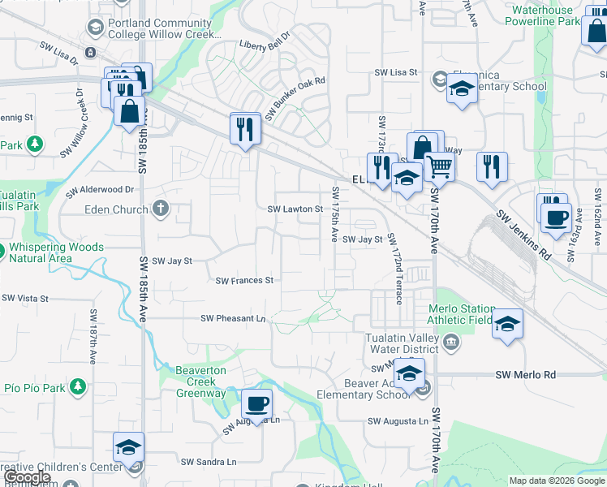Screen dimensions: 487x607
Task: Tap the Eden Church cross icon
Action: tap(161, 209)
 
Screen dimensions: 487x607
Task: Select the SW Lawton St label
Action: tap(296, 209)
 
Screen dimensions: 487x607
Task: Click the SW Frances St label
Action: tap(245, 281)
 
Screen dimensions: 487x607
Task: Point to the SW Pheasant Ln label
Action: tap(234, 319)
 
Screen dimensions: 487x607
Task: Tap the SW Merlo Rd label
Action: tap(526, 374)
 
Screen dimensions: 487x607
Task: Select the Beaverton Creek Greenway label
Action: tap(201, 382)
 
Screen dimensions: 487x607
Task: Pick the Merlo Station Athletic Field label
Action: tap(462, 315)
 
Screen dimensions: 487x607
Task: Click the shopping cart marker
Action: tap(440, 167)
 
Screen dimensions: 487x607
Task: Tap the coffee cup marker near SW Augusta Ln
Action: tap(257, 403)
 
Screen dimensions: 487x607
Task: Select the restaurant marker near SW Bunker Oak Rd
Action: tap(245, 128)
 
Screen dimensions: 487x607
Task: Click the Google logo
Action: tap(27, 477)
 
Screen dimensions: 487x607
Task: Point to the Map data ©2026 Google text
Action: tap(556, 481)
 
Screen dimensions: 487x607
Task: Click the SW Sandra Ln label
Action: tap(209, 462)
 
